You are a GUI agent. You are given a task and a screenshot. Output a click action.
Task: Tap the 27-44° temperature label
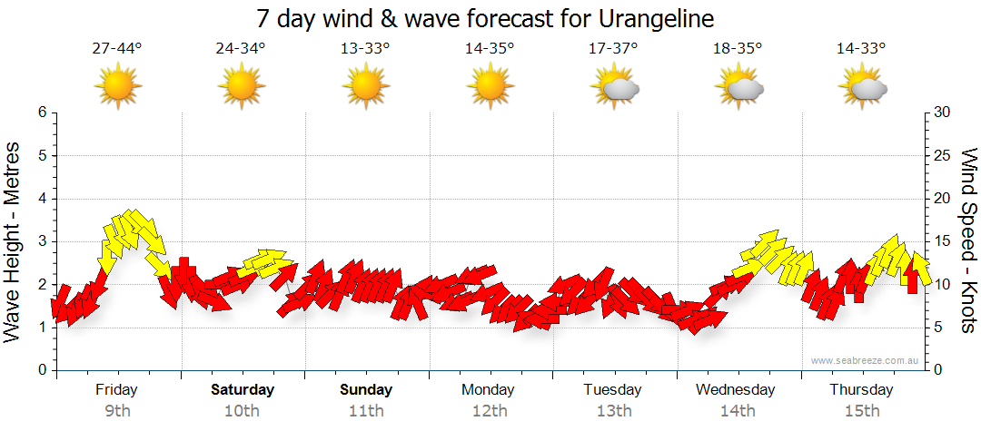[117, 49]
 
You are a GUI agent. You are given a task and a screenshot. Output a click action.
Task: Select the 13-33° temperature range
[365, 49]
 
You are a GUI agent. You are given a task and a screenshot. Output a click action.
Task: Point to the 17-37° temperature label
[613, 49]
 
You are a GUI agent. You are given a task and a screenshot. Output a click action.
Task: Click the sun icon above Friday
[117, 86]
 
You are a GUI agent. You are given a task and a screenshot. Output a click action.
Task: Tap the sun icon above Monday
[489, 86]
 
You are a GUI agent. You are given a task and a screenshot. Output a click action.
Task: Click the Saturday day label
[243, 390]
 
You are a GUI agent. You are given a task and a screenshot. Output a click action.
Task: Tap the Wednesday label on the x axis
[736, 390]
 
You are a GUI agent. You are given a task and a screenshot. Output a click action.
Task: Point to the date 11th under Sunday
[366, 411]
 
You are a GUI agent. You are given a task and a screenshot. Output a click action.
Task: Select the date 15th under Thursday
[861, 411]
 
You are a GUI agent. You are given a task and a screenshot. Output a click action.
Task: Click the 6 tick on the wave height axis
[42, 113]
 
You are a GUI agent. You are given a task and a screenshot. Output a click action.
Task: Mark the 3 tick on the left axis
[42, 241]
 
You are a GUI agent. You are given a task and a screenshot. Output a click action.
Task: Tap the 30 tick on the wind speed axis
[942, 113]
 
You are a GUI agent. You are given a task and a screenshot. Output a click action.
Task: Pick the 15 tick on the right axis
[942, 241]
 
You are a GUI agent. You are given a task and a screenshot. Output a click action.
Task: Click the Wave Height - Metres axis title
[14, 241]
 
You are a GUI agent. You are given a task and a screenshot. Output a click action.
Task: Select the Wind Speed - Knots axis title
[968, 241]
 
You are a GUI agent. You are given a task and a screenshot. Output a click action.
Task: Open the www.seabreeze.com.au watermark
[866, 361]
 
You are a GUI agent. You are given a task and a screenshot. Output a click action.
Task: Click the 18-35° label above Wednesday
[738, 49]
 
